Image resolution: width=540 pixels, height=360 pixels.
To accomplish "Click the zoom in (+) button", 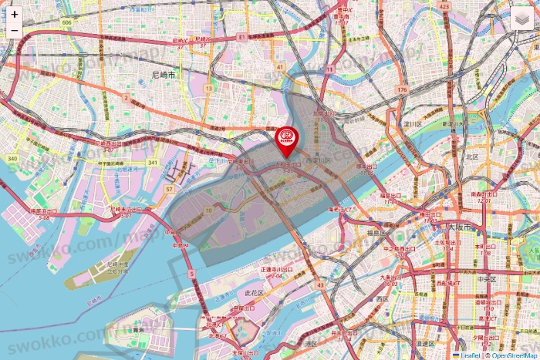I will pos(15,15).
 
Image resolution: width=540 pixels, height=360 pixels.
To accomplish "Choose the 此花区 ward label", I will pos(255,294).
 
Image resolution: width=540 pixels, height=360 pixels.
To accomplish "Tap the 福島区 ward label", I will pos(377,232).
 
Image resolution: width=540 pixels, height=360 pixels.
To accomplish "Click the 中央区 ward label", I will pos(485,280).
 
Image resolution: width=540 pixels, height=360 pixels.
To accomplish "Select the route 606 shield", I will pos(67,23).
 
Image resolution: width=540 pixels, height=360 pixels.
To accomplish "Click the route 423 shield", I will pos(444,6).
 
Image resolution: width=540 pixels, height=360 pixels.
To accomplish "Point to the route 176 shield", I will pos(401,90).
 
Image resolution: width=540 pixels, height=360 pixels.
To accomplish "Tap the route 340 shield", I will pos(12,159).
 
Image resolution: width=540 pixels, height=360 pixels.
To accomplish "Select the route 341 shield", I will pos(154,163).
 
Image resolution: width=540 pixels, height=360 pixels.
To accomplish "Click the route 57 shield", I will pos(169,189).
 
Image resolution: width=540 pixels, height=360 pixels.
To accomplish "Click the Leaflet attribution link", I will pos(467,355).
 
